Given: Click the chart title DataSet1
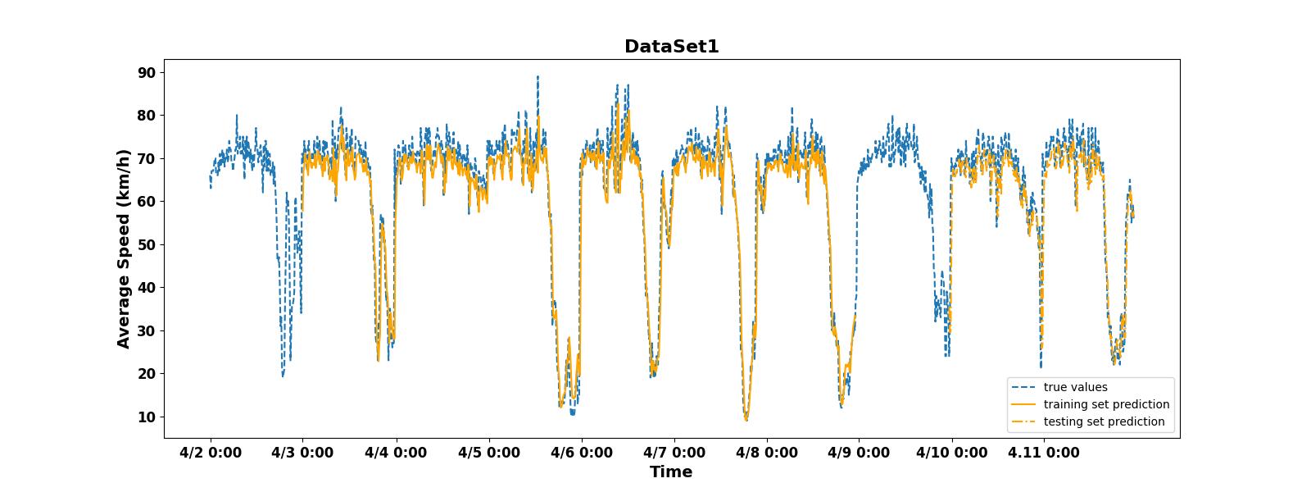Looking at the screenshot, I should click(671, 47).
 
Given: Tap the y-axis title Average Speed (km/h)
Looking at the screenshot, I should click(124, 248).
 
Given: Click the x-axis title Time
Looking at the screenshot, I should click(671, 471).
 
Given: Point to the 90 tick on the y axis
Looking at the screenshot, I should click(147, 72).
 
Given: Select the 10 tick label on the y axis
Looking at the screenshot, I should click(147, 417).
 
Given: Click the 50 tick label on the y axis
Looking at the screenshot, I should click(147, 244).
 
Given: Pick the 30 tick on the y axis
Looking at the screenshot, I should click(147, 330).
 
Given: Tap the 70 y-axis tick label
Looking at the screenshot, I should click(147, 158).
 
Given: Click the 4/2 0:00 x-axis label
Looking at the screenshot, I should click(211, 453).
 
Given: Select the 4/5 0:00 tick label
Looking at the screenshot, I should click(489, 453).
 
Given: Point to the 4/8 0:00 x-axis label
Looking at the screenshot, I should click(767, 453).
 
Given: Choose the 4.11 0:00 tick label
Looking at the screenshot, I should click(1045, 453).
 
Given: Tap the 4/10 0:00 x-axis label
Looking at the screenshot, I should click(952, 453).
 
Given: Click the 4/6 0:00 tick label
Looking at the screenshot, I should click(582, 453).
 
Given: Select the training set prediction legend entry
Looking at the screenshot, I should click(1106, 404).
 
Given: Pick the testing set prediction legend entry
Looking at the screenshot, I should click(1104, 421).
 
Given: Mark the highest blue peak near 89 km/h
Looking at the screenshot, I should click(538, 77).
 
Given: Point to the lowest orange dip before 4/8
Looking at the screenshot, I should click(746, 419).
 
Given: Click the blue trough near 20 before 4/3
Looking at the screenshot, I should click(283, 375).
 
